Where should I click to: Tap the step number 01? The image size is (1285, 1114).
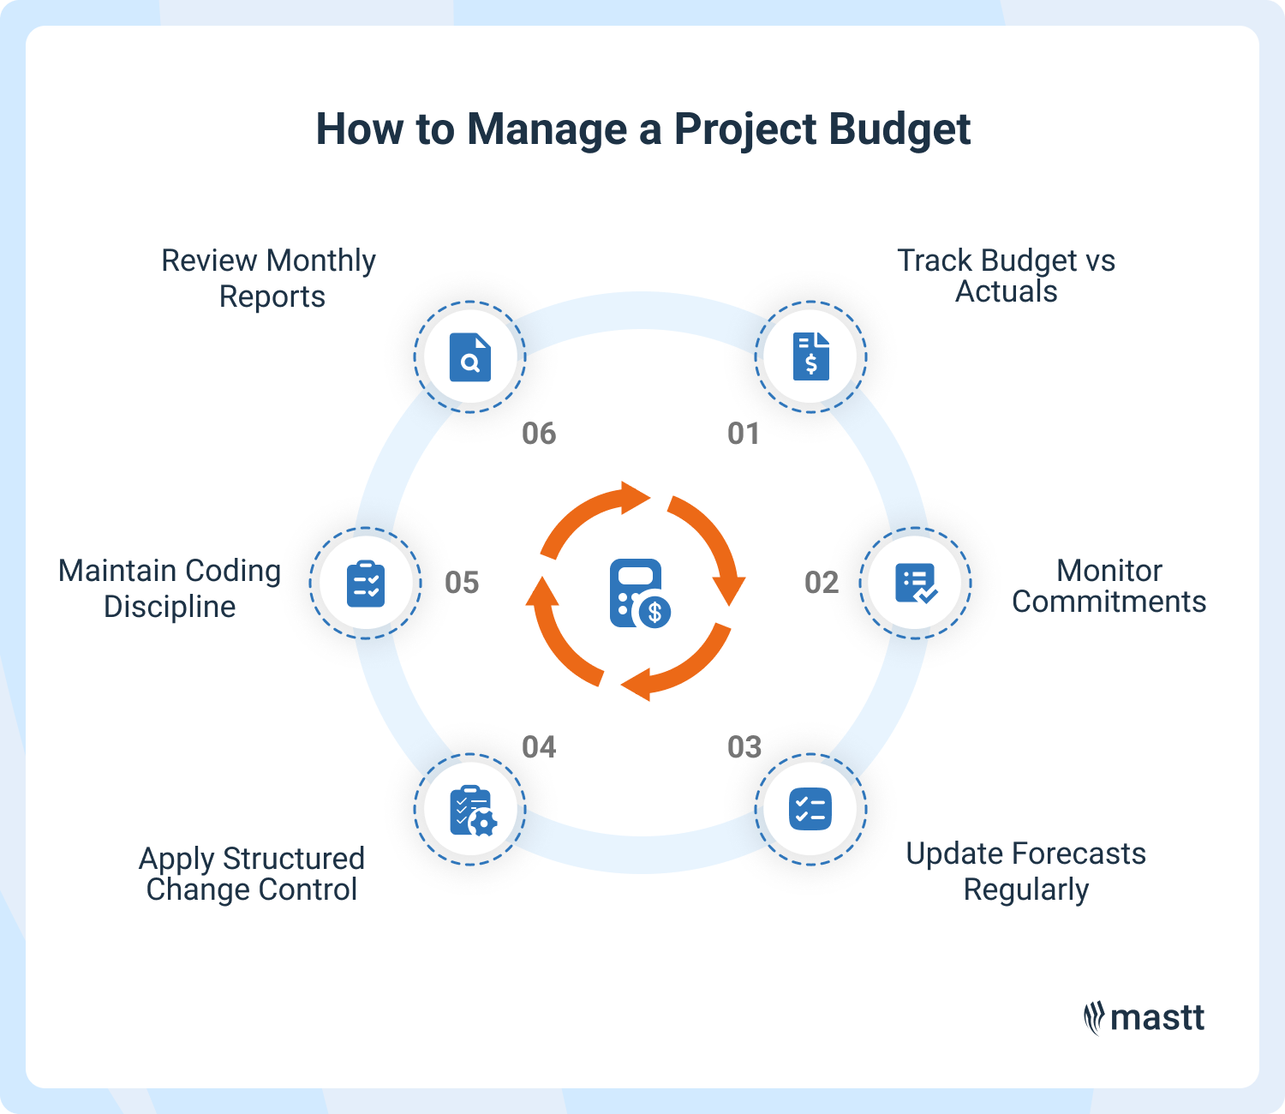[x=744, y=434]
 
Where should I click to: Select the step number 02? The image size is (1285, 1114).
[x=821, y=583]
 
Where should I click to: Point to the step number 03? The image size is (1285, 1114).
[x=744, y=747]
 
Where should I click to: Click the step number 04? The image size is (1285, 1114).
[x=539, y=747]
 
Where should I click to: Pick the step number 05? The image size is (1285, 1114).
[x=462, y=583]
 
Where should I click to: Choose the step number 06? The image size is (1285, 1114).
[x=539, y=434]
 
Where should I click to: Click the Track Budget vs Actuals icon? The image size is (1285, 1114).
[x=810, y=356]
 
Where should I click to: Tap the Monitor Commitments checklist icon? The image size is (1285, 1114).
[x=915, y=583]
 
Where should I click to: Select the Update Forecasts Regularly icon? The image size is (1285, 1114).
[x=810, y=809]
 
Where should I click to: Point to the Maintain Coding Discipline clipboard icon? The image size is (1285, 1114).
[x=366, y=583]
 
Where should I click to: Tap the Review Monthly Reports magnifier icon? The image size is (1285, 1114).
[x=470, y=356]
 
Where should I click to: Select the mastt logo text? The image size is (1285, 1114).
[x=1156, y=1018]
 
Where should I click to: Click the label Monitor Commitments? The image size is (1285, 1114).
[x=1109, y=586]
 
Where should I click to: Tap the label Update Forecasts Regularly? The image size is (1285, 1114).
[x=1025, y=871]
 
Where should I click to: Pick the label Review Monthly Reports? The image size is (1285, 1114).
[x=269, y=278]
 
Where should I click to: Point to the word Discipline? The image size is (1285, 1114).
[x=170, y=607]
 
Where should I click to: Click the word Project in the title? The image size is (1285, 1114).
[x=744, y=130]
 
